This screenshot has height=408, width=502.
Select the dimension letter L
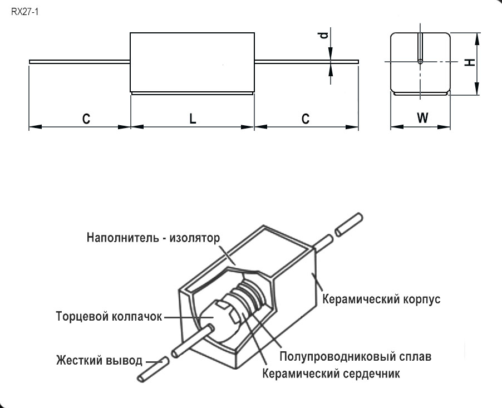(192, 119)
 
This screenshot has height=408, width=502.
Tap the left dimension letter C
(86, 119)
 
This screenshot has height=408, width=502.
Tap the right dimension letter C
(306, 119)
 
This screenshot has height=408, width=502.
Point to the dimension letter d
(322, 37)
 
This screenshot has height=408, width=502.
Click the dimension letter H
(470, 62)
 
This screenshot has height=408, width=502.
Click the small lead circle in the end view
(420, 61)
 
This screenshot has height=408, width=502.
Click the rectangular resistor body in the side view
(192, 62)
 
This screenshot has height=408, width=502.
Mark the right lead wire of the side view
(306, 61)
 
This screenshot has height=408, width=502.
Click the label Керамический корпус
(382, 299)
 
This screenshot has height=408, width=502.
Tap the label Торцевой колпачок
(109, 317)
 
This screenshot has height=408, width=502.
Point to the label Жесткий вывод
(99, 360)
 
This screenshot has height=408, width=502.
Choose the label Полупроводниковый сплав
(356, 356)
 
